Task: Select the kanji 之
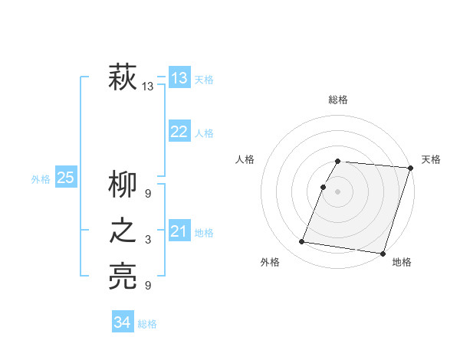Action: (123, 231)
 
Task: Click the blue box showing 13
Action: (179, 78)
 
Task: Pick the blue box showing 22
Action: (179, 132)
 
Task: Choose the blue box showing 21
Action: (179, 231)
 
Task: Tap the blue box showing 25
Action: (65, 178)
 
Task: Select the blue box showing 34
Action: (123, 322)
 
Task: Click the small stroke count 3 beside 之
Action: (148, 240)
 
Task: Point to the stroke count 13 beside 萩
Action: (148, 87)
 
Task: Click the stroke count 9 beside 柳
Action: (148, 194)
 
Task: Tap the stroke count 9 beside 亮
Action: (148, 286)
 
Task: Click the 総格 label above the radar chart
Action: (338, 100)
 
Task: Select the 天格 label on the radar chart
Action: (431, 159)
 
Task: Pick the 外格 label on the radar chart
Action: (270, 262)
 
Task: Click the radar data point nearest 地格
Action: (383, 253)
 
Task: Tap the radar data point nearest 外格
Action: (302, 241)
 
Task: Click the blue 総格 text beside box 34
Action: (147, 324)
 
